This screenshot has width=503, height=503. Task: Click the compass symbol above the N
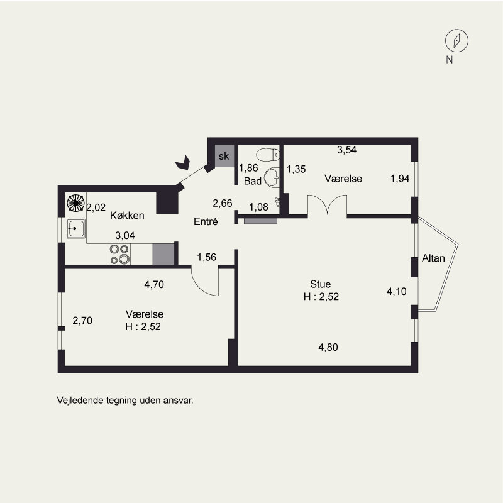click(456, 41)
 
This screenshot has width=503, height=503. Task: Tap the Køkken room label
click(127, 215)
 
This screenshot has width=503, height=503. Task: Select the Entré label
click(206, 221)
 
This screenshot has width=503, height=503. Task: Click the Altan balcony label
click(433, 258)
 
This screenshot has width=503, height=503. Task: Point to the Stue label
click(320, 284)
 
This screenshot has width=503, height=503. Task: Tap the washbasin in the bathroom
click(272, 177)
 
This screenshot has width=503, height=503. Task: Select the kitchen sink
click(75, 228)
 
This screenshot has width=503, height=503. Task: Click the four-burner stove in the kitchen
click(119, 254)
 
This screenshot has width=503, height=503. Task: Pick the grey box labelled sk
click(224, 156)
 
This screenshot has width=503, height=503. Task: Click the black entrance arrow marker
click(183, 162)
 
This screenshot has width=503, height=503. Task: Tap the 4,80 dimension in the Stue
click(328, 347)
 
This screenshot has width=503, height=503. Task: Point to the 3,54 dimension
click(346, 150)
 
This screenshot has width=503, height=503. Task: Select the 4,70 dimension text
click(154, 284)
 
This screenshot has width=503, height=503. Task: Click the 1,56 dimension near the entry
click(207, 257)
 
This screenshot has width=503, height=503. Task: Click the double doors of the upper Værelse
click(327, 204)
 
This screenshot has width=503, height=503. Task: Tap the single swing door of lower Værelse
click(206, 281)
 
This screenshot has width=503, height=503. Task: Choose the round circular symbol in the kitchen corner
click(75, 203)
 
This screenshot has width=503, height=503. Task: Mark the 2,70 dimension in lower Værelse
click(82, 320)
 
